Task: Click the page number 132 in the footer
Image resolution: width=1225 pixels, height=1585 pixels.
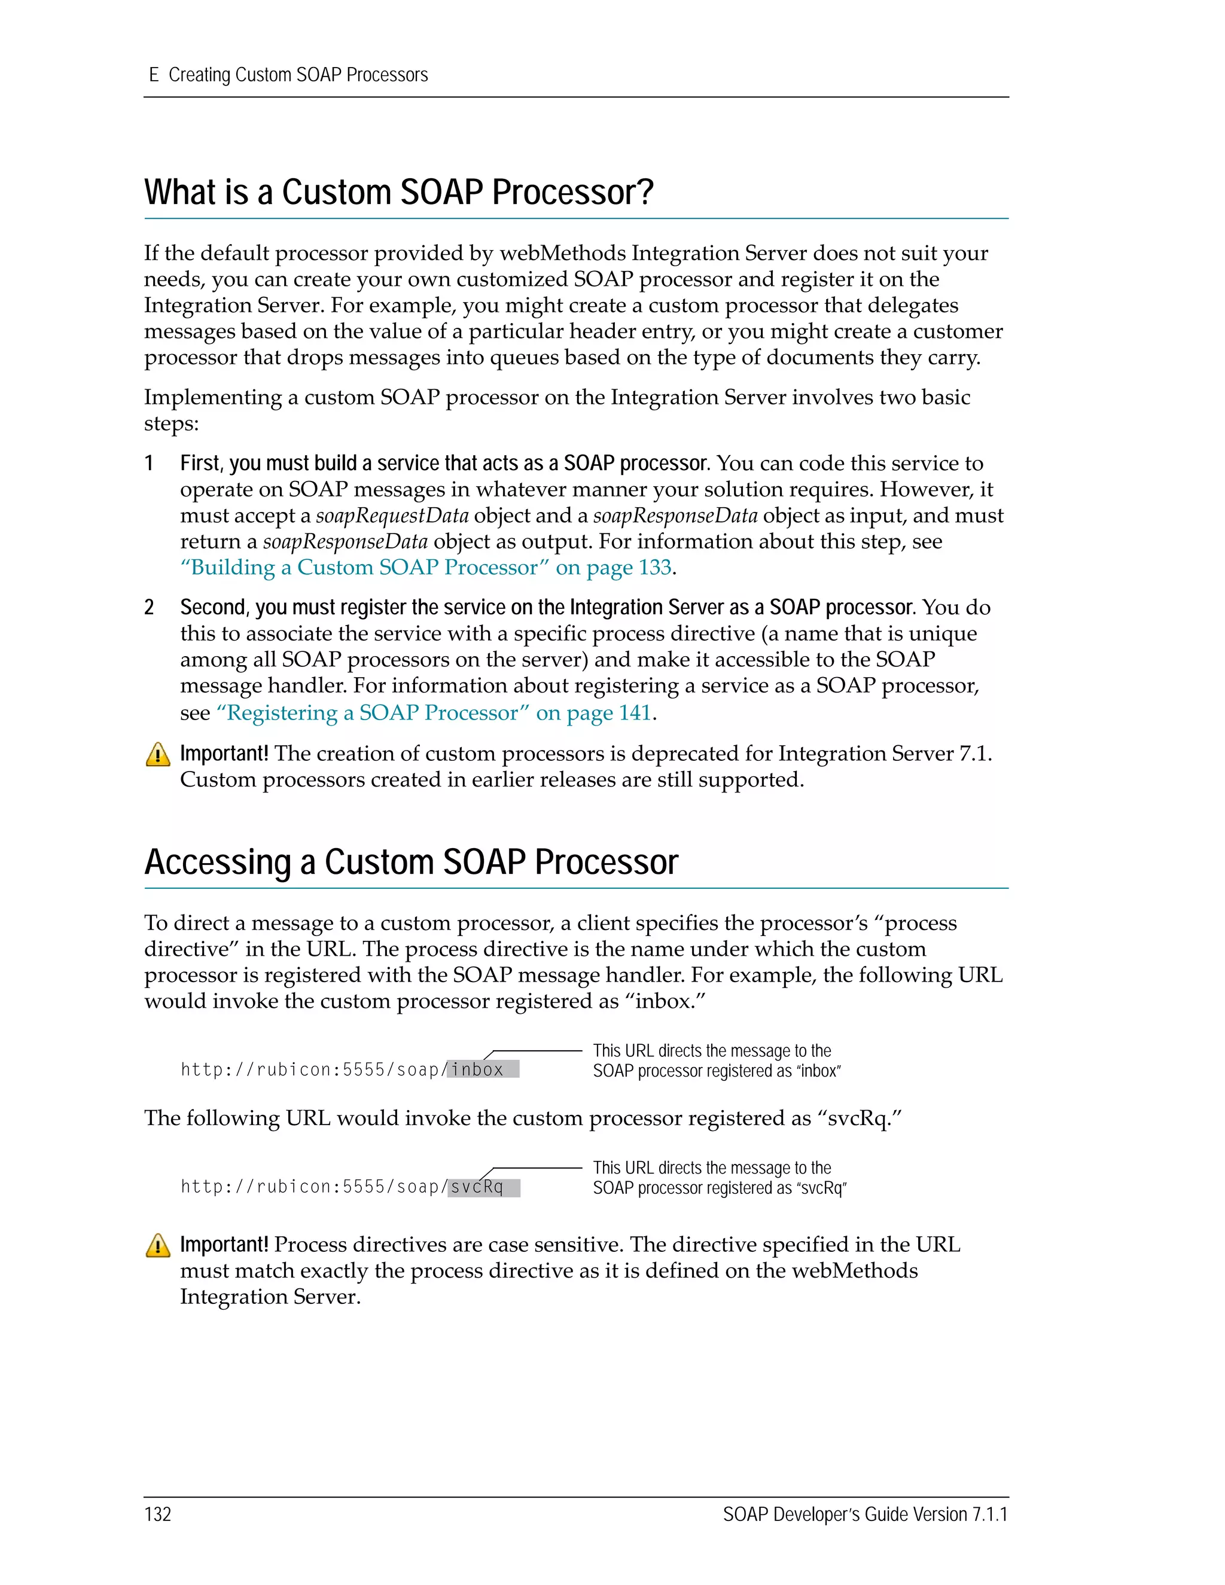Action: click(x=157, y=1514)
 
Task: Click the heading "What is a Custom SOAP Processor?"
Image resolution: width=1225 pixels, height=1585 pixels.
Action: click(x=398, y=193)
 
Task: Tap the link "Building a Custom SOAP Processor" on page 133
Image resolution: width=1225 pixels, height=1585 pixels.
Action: click(x=426, y=568)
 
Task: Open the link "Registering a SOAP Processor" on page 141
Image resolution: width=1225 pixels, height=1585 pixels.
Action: click(x=434, y=714)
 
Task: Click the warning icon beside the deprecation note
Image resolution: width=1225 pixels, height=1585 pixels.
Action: click(x=158, y=755)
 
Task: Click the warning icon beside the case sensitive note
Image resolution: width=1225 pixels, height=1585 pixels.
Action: click(x=158, y=1245)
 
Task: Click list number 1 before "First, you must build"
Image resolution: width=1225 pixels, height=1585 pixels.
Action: click(x=149, y=463)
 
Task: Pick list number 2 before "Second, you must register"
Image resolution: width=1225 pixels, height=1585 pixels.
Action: click(x=149, y=608)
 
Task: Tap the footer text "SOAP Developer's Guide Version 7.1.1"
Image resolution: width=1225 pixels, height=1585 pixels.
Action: click(x=865, y=1514)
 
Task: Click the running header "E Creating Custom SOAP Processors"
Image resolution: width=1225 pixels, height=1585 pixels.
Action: click(x=288, y=75)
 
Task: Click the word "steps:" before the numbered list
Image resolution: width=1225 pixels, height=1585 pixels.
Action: click(x=171, y=424)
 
